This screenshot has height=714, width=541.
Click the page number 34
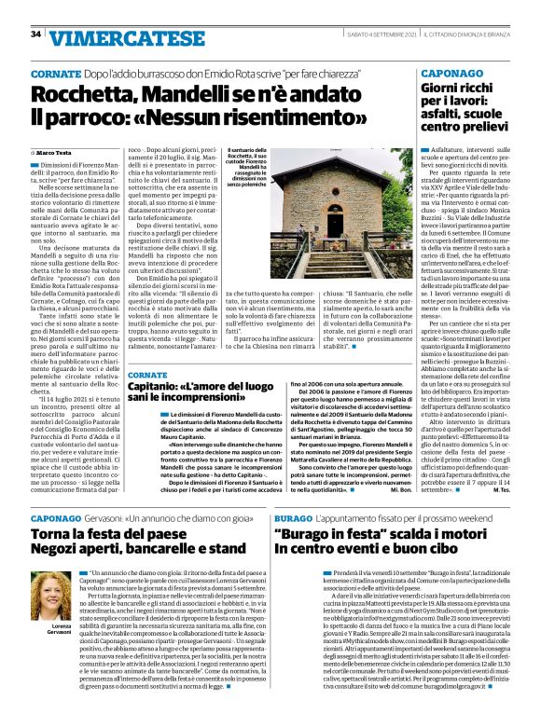coord(35,34)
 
